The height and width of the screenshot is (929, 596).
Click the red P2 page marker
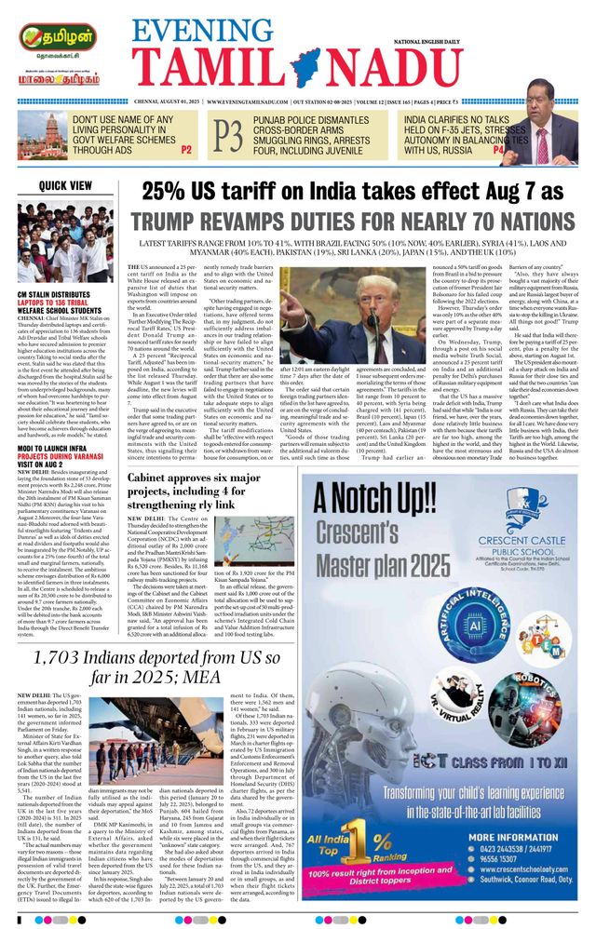click(x=185, y=149)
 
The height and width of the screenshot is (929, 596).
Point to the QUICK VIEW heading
click(x=66, y=186)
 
